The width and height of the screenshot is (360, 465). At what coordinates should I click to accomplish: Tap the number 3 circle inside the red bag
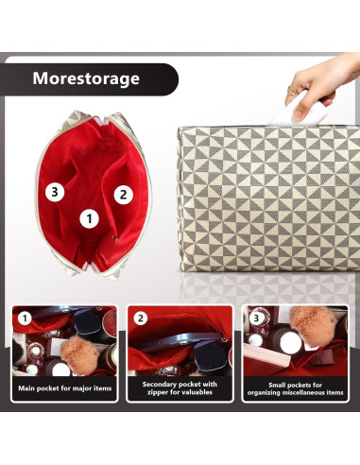(55, 191)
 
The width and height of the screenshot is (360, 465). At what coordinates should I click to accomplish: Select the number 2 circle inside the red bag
(122, 195)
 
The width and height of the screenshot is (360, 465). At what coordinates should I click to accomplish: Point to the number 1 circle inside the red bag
(90, 218)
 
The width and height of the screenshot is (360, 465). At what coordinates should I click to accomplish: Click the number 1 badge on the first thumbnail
(25, 318)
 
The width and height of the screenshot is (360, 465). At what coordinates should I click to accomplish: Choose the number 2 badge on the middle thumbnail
(141, 318)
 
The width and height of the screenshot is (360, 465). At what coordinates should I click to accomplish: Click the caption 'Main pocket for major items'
(63, 388)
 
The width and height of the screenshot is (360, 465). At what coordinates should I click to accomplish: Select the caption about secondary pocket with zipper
(180, 388)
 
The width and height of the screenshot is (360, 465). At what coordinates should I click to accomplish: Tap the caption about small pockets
(296, 388)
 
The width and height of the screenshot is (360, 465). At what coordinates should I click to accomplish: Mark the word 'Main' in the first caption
(26, 388)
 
